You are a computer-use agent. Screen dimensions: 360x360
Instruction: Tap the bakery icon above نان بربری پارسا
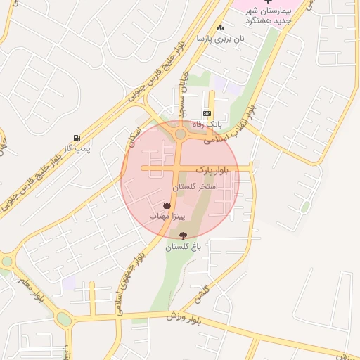[x=221, y=28]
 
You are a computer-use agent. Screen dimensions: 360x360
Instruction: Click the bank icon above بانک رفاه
[x=207, y=113]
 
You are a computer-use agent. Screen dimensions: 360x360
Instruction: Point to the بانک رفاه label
[x=207, y=124]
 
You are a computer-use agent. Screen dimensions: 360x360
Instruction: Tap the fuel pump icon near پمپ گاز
[x=76, y=138]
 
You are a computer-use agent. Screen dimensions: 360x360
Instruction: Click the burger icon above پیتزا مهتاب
[x=167, y=205]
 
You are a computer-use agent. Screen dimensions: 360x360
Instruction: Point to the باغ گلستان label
[x=184, y=247]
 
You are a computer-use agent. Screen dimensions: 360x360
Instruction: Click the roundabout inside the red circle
[x=181, y=134]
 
